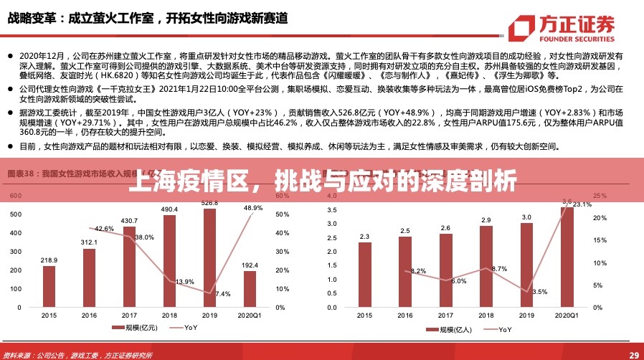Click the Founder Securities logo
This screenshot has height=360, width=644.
coord(561,29)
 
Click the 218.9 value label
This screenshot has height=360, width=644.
coord(49,260)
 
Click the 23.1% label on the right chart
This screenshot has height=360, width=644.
coord(582,204)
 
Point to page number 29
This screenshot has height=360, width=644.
coord(633,354)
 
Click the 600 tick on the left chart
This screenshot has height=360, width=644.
coord(16,195)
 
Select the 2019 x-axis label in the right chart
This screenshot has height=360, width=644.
coord(526,316)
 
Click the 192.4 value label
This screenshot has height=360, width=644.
coord(250,265)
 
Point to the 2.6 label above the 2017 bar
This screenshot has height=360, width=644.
coord(445,228)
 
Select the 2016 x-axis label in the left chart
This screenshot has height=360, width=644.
coord(89,316)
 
